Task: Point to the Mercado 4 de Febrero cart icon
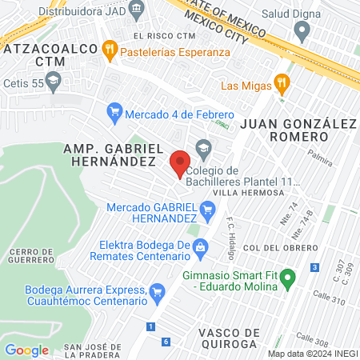[x=114, y=114]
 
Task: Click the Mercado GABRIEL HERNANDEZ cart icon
[x=208, y=212]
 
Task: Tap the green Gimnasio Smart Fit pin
[x=291, y=278]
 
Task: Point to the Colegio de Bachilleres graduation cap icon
[x=203, y=148]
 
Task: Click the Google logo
[x=26, y=350]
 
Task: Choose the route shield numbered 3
[x=315, y=266]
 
